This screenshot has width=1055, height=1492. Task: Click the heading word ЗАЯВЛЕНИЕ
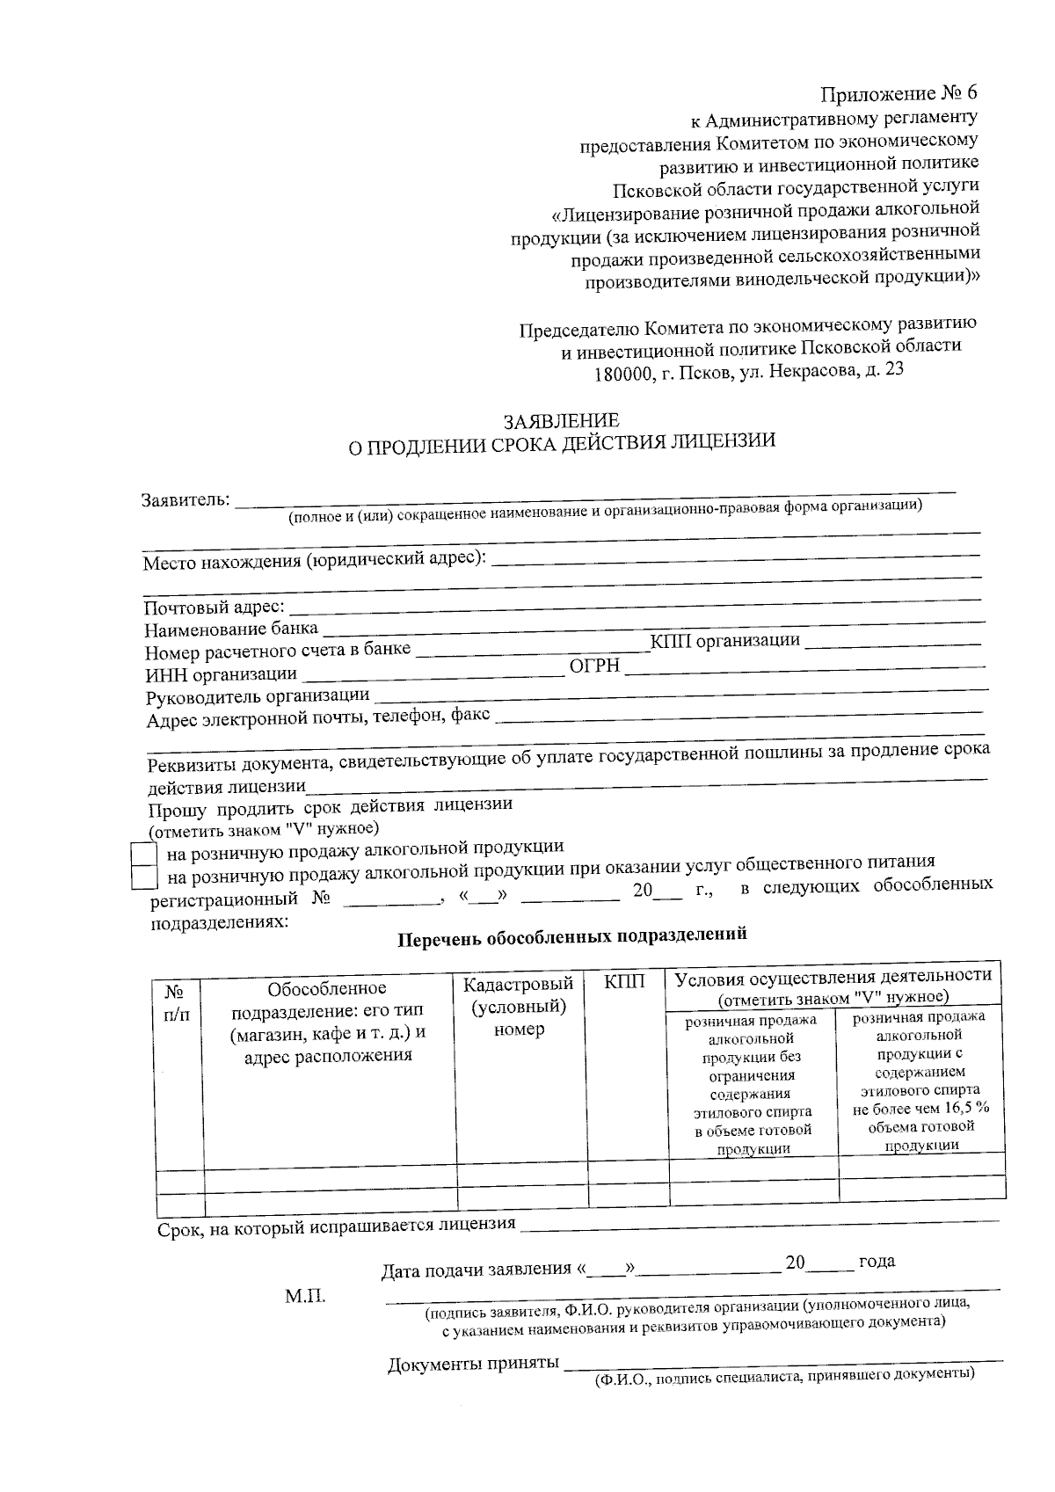coord(560,421)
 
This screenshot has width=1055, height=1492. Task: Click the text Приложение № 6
coord(898,93)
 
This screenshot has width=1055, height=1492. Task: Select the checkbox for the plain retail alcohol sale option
coord(143,854)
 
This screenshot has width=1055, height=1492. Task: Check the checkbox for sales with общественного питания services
coord(143,877)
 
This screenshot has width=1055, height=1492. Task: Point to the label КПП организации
coord(724,642)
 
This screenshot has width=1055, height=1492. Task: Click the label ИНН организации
coord(221,675)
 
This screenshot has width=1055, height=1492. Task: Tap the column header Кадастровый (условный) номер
coord(519,1007)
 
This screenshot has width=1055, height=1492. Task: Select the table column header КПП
coord(625,982)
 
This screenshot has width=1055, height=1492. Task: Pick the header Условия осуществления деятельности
coord(833,976)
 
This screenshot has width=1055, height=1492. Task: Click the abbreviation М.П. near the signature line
coord(304,1297)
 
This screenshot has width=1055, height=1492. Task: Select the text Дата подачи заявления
coord(477,1269)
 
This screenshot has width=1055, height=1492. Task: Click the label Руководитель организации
coord(257,696)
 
